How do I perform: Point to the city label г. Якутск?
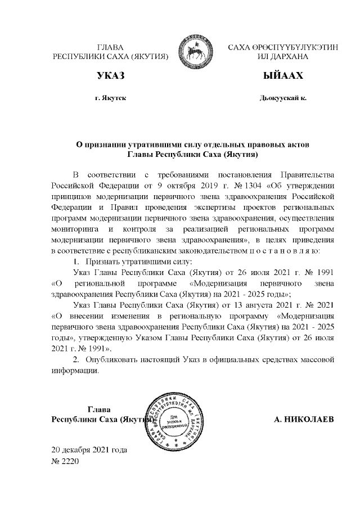(x=110, y=97)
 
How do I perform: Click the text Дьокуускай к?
(x=282, y=97)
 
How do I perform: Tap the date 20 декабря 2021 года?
(x=89, y=451)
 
